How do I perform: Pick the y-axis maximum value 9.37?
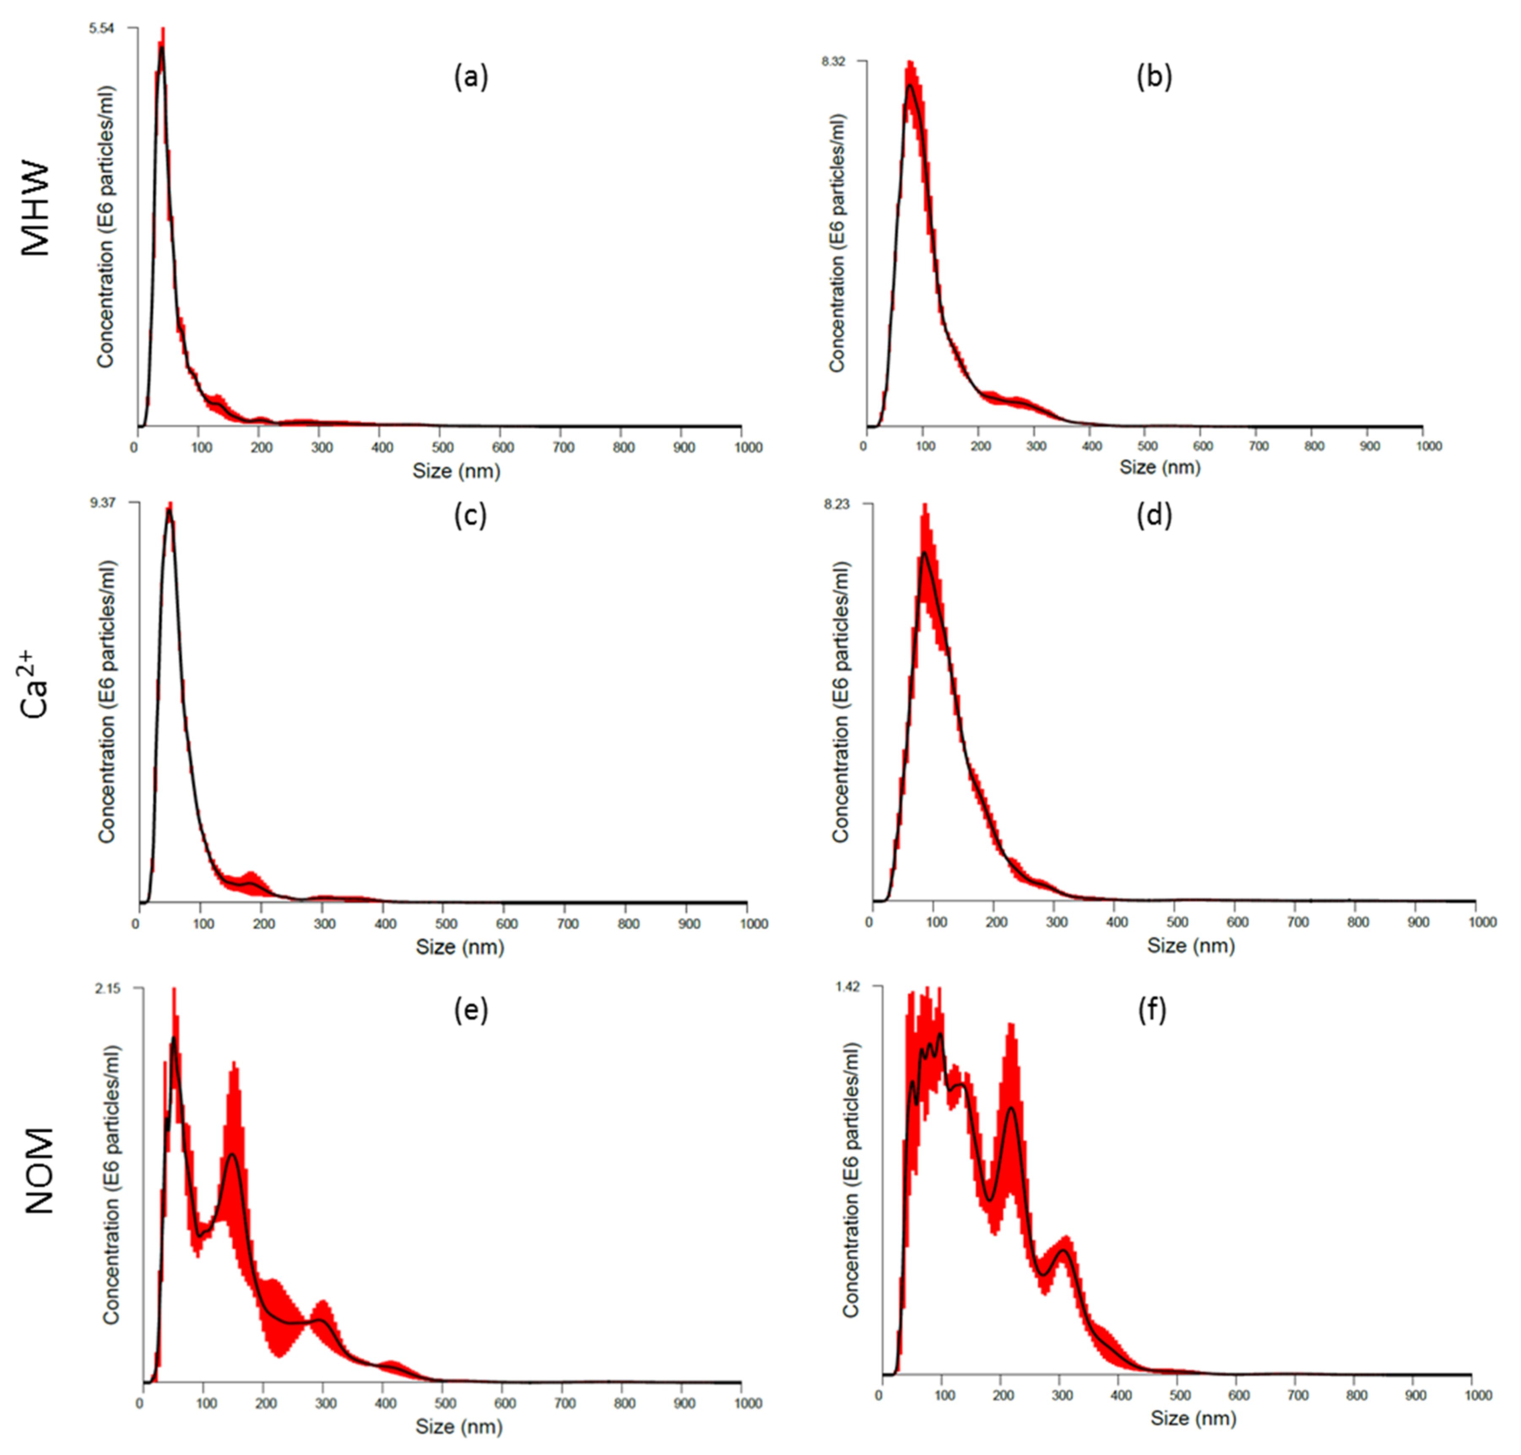coord(103,503)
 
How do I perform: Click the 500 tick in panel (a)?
coord(443,447)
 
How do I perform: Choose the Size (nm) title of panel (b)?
coord(1160,468)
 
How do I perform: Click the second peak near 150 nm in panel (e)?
coord(232,1156)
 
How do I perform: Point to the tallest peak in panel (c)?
coord(169,510)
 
